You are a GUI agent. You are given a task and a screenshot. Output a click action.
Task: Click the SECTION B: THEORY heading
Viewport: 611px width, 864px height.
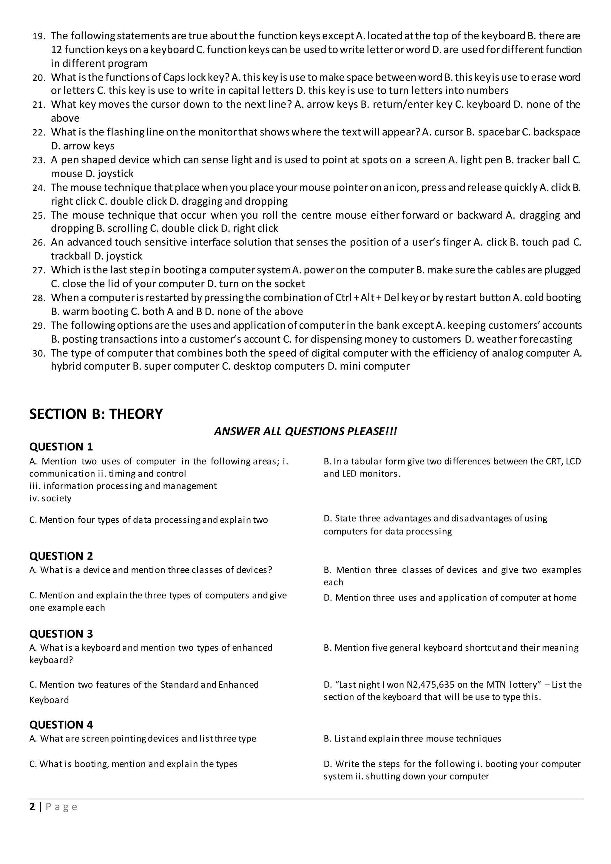96,414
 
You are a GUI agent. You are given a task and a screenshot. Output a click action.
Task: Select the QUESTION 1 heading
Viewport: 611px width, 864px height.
61,447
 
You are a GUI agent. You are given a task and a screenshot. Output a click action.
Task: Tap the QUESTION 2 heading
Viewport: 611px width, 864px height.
61,556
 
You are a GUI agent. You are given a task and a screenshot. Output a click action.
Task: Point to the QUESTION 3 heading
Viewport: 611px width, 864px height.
61,634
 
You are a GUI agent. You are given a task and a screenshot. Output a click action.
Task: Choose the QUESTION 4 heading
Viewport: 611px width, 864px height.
61,725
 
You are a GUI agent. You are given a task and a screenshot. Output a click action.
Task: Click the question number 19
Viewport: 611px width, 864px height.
39,36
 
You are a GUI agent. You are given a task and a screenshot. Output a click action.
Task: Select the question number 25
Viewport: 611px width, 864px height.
39,216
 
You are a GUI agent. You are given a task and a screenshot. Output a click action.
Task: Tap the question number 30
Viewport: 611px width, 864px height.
39,354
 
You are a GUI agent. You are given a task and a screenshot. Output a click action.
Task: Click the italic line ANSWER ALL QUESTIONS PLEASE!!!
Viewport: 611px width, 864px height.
305,431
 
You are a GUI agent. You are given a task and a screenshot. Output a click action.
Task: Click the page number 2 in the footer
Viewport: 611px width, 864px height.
32,807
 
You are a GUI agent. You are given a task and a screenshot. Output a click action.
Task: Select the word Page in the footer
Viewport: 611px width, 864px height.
61,807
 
